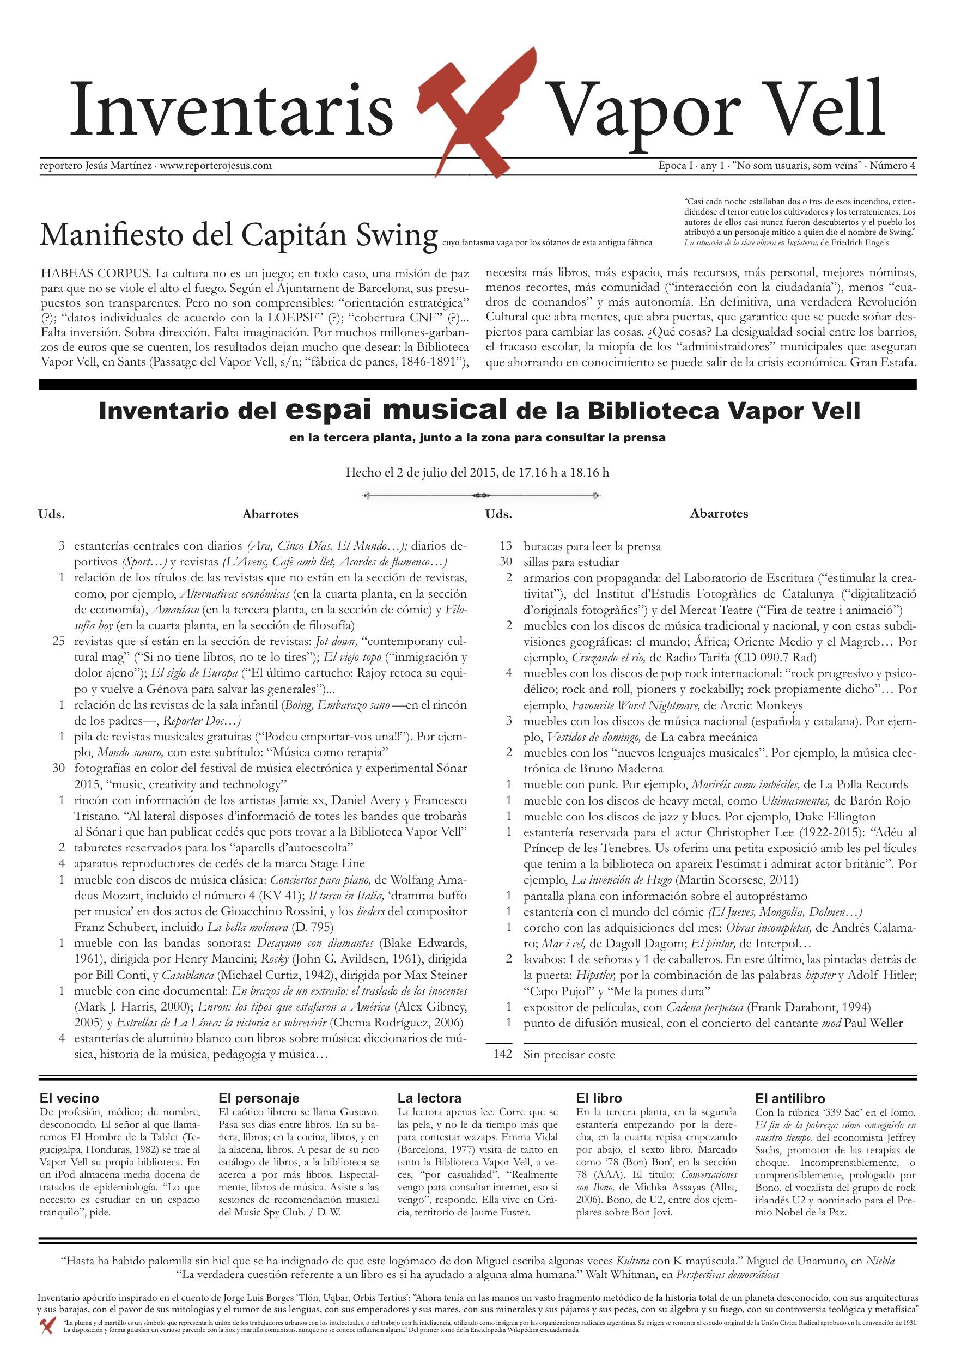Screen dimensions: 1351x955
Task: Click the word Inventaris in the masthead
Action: (x=231, y=110)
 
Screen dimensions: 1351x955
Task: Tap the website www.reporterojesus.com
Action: (x=215, y=166)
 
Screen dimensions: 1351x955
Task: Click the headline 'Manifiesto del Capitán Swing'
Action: (x=238, y=235)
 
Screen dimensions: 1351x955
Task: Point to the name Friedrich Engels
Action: (x=860, y=242)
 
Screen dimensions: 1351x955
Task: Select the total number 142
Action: (x=502, y=1054)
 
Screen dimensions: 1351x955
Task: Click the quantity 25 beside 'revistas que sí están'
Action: (x=58, y=641)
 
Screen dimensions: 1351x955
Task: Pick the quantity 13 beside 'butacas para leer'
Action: (x=506, y=546)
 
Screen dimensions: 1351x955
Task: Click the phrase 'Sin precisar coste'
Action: (x=569, y=1055)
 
